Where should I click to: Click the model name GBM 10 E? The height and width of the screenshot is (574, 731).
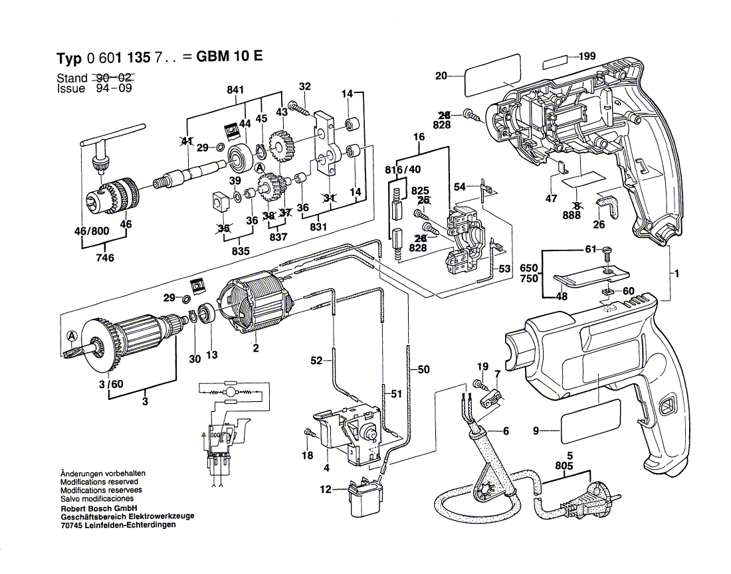229,56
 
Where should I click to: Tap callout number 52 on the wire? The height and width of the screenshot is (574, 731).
316,360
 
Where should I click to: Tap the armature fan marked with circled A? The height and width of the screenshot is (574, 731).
100,345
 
